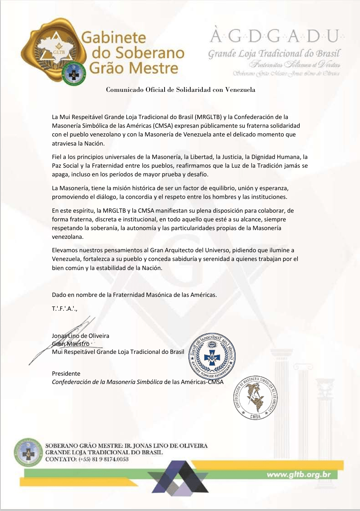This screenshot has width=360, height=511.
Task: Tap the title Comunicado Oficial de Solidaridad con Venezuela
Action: pos(181,90)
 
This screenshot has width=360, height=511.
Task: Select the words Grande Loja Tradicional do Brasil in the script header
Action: pos(274,54)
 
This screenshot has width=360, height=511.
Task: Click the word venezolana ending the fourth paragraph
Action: pos(68,237)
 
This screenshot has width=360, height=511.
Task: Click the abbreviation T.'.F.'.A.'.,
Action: pos(65,308)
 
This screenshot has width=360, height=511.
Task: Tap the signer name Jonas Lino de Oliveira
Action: pos(81,336)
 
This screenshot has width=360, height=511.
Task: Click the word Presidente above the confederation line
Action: pos(66,373)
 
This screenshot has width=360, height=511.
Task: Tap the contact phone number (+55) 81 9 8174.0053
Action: pos(103,459)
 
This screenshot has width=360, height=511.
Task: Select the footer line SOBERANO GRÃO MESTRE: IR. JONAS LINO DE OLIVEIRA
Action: pos(126,446)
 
